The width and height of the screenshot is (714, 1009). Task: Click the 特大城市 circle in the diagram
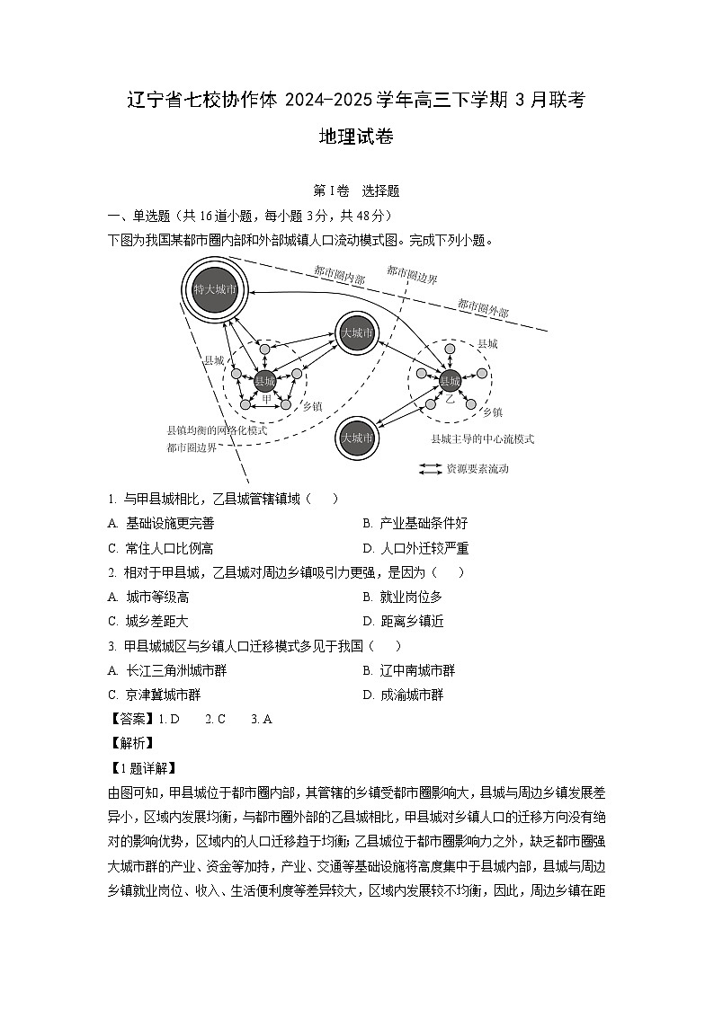coord(216,289)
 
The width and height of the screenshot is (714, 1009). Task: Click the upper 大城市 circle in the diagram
coord(357,332)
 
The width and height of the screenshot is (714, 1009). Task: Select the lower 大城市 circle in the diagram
coord(357,438)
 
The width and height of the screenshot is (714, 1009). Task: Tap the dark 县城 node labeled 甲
coord(264,381)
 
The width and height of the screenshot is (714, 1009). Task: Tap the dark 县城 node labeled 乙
coord(450,380)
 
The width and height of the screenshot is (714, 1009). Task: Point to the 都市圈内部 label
coord(339,275)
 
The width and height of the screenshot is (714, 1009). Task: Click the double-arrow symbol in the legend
coord(432,469)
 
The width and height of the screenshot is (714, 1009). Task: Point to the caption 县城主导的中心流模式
coord(482,439)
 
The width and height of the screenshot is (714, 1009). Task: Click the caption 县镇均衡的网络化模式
coord(217,430)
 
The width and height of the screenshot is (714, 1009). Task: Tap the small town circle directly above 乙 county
coord(450,346)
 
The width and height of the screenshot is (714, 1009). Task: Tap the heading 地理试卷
coord(357,137)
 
